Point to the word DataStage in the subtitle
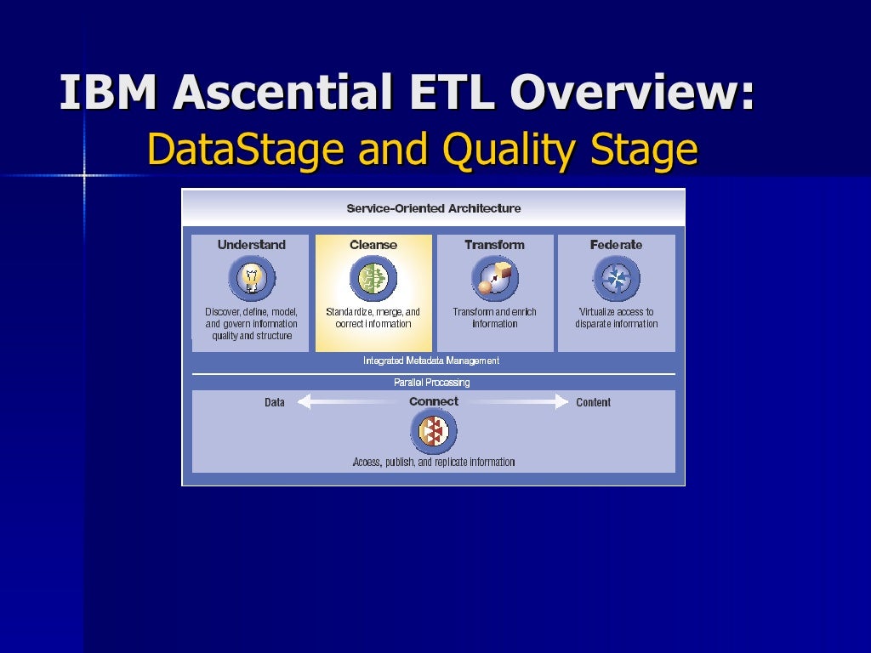coord(246,150)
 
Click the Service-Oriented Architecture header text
coord(434,208)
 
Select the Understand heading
coord(251,245)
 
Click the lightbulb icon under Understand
coord(251,278)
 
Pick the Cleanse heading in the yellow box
coord(373,245)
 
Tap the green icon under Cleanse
coord(373,278)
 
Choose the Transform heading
coord(494,245)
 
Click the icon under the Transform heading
coord(494,278)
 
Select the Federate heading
coord(616,245)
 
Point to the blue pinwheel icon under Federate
coord(616,278)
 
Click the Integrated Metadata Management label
coord(431,361)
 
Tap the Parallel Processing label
coord(431,383)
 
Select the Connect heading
coord(433,401)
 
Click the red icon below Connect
coord(433,431)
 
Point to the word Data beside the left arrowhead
coord(274,402)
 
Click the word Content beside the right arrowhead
coord(593,402)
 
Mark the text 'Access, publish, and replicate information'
coord(434,463)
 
